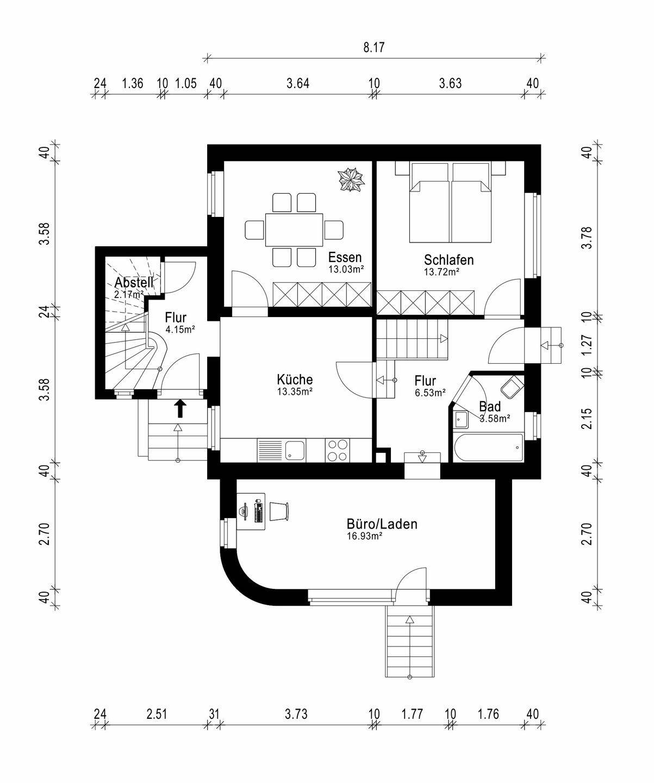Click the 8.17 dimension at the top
374,48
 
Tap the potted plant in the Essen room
351,181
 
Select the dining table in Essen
294,230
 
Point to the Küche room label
295,379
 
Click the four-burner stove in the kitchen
338,450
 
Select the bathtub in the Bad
488,448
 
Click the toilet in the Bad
512,387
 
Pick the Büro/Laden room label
382,524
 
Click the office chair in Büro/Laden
279,511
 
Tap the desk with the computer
251,511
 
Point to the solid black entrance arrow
180,408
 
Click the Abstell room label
134,282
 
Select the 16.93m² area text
364,536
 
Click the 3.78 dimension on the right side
587,238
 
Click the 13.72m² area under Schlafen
442,272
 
